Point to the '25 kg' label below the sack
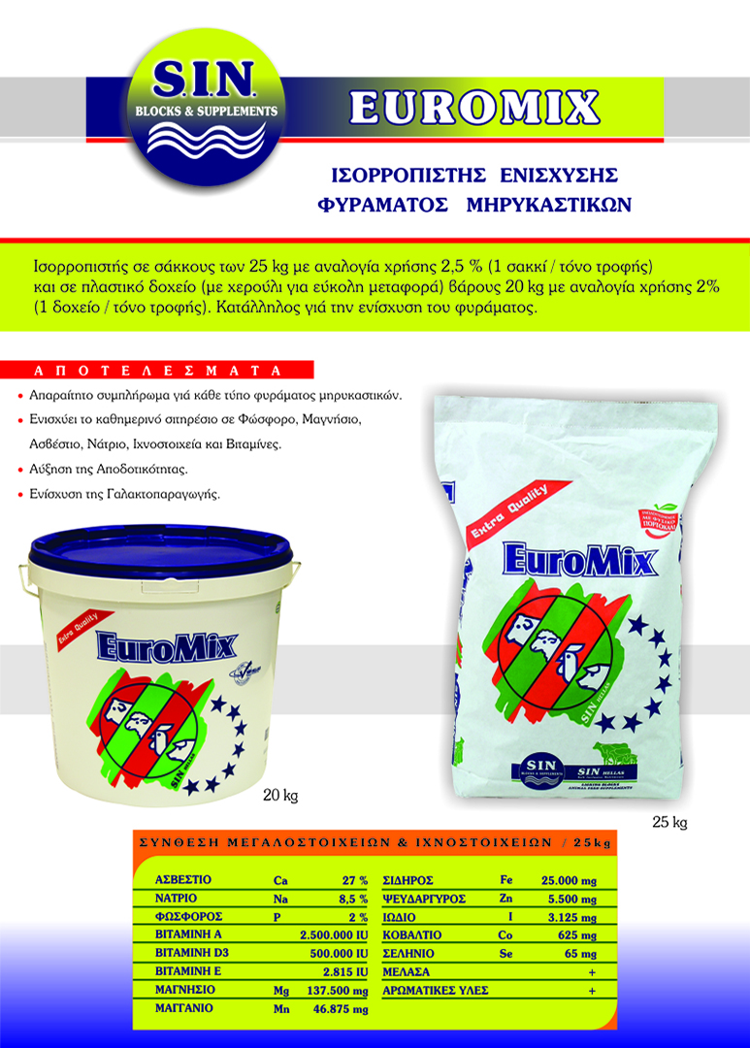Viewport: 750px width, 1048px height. click(669, 823)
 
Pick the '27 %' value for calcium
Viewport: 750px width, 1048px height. click(354, 880)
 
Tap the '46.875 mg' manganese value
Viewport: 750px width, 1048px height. click(340, 1009)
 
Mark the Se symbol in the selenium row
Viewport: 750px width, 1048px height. click(506, 954)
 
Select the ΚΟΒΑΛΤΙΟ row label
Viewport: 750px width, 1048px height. click(415, 935)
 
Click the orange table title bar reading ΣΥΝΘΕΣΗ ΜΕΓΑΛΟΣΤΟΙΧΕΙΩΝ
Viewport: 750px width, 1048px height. click(375, 843)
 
